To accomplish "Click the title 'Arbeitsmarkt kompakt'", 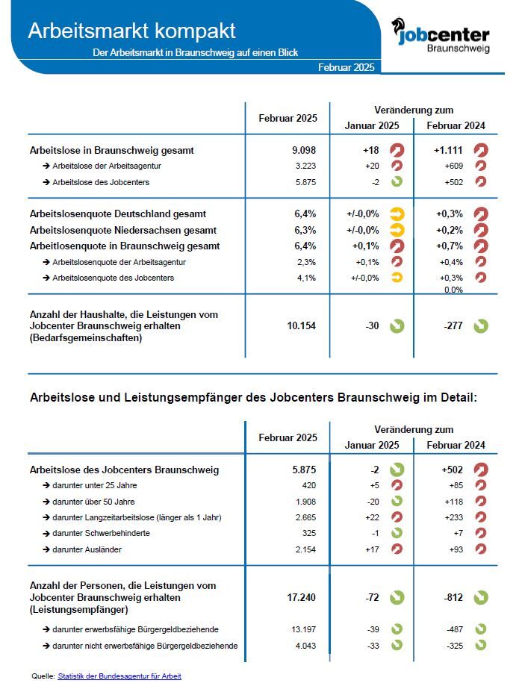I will [131, 31].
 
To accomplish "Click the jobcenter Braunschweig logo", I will [441, 35].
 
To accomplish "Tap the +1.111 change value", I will [448, 150].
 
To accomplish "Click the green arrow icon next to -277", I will [482, 325].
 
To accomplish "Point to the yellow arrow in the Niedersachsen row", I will [397, 229].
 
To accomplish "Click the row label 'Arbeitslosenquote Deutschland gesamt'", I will [117, 213].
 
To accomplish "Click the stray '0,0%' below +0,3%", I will [454, 290].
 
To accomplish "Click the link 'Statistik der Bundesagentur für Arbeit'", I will [119, 676].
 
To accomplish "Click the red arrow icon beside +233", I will [481, 517].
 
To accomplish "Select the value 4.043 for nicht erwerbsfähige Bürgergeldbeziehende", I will [305, 645].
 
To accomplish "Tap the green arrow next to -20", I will [397, 502].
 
